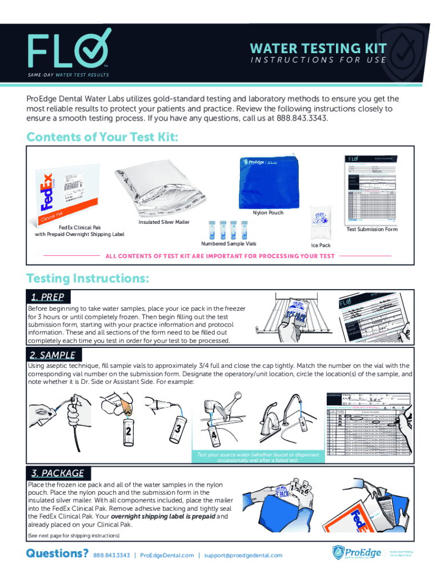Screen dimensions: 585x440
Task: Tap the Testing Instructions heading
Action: point(89,279)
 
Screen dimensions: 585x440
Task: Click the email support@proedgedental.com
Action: point(243,555)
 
